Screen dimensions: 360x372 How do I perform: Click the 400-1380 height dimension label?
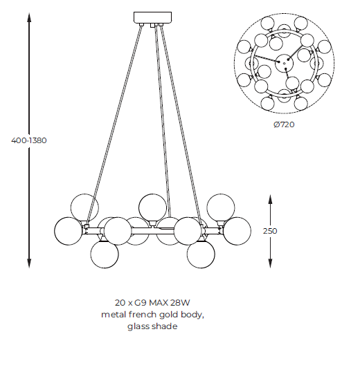pyautogui.click(x=29, y=140)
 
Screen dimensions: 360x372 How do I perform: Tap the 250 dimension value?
pyautogui.click(x=270, y=231)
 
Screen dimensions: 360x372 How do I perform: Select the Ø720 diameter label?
pyautogui.click(x=284, y=124)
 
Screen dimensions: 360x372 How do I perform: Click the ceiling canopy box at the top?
pyautogui.click(x=152, y=17)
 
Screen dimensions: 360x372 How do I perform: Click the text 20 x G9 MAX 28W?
pyautogui.click(x=152, y=303)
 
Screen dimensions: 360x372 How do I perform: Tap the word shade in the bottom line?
pyautogui.click(x=165, y=326)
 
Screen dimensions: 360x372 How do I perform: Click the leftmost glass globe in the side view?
pyautogui.click(x=68, y=231)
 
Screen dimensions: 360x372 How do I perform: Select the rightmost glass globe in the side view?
pyautogui.click(x=237, y=231)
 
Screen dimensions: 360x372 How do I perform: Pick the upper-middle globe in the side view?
pyautogui.click(x=153, y=207)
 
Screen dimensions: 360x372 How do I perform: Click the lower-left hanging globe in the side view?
pyautogui.click(x=105, y=254)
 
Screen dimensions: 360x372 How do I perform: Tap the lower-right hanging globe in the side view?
pyautogui.click(x=201, y=254)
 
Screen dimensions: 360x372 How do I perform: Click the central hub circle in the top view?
pyautogui.click(x=285, y=63)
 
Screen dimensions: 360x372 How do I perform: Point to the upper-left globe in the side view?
pyautogui.click(x=84, y=207)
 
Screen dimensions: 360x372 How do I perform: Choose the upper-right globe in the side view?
pyautogui.click(x=221, y=207)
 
